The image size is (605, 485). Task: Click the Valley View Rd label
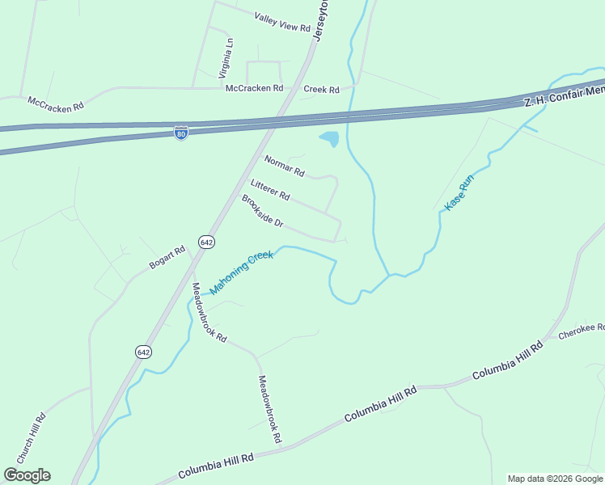[x=282, y=22]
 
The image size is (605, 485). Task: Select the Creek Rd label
[x=321, y=89]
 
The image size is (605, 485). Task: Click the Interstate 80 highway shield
[x=181, y=133]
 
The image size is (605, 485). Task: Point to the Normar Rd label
[x=284, y=166]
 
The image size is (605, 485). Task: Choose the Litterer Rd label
[x=270, y=190]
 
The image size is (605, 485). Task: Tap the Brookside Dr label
[x=262, y=210]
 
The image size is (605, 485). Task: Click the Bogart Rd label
[x=167, y=258]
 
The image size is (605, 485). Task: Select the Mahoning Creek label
[x=241, y=273]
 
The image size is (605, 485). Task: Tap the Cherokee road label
[x=582, y=331]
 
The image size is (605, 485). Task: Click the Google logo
[x=27, y=475]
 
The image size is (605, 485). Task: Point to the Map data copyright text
[x=555, y=479]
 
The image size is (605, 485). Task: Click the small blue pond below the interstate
[x=329, y=139]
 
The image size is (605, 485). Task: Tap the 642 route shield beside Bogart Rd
[x=206, y=242]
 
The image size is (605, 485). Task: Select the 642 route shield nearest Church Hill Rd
[x=143, y=352]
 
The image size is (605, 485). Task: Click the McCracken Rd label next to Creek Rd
[x=254, y=88]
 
